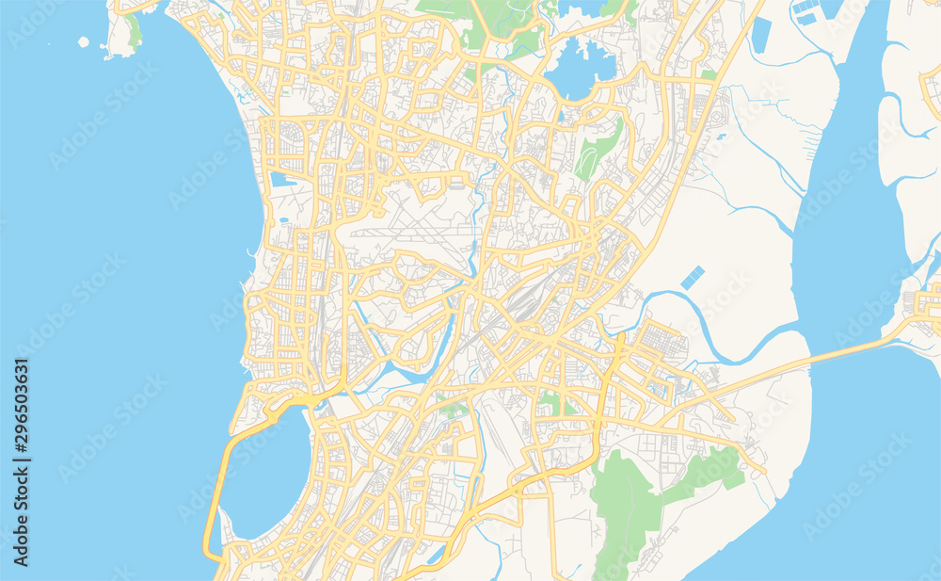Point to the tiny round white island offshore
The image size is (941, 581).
point(84,41)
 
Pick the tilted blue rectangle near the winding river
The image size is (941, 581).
point(693,277)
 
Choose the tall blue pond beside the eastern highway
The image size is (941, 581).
point(760,35)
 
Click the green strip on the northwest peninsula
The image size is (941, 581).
point(136,30)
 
